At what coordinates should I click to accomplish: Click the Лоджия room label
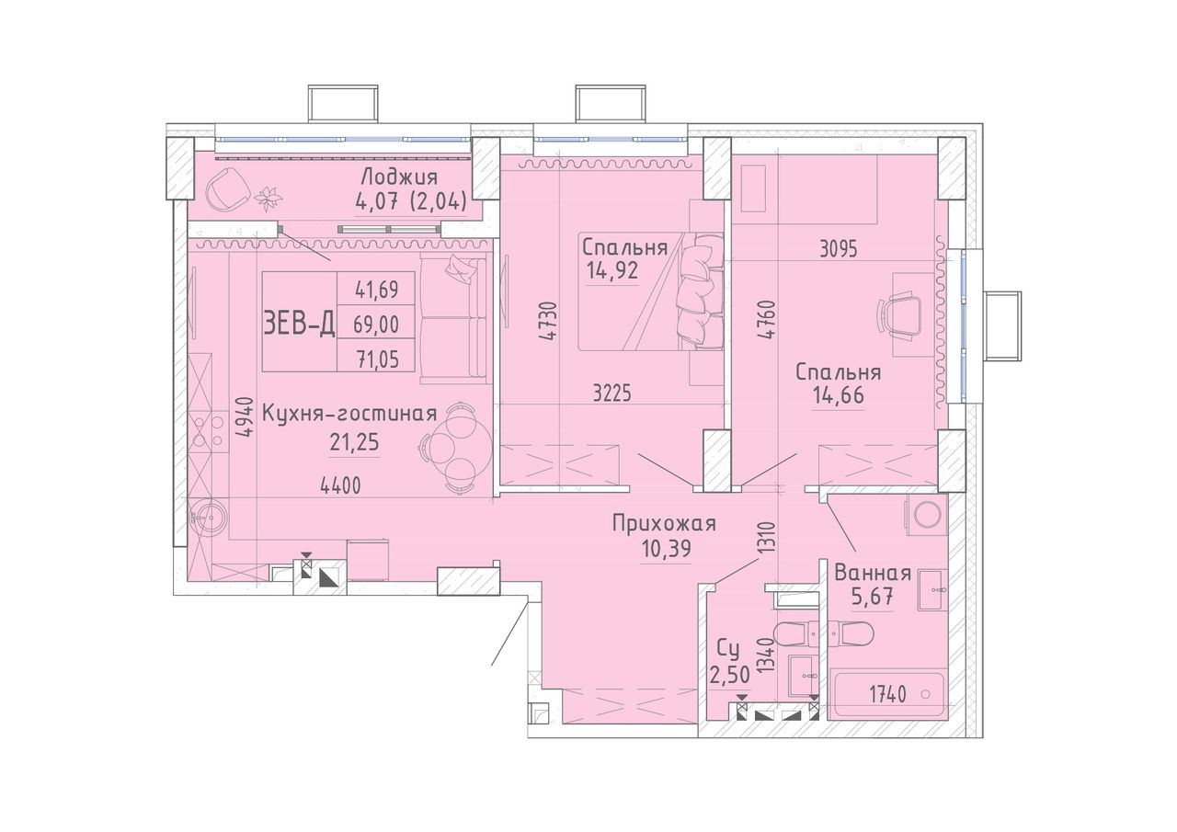click(399, 177)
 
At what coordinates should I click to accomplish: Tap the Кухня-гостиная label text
click(349, 414)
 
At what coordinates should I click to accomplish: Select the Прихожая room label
click(664, 524)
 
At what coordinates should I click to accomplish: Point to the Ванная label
click(873, 573)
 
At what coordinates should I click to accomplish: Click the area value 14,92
click(612, 270)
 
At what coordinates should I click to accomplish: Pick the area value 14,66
click(839, 395)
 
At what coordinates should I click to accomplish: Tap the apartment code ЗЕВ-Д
click(299, 322)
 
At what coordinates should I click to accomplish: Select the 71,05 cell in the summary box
click(376, 359)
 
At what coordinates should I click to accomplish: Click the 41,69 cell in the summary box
click(376, 290)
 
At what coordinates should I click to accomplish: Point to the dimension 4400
click(341, 486)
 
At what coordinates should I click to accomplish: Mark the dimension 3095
click(839, 249)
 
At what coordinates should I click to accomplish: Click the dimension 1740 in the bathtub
click(887, 695)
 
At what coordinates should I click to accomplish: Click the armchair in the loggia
click(227, 189)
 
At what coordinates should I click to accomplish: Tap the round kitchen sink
click(209, 518)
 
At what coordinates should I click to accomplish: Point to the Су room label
click(729, 650)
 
